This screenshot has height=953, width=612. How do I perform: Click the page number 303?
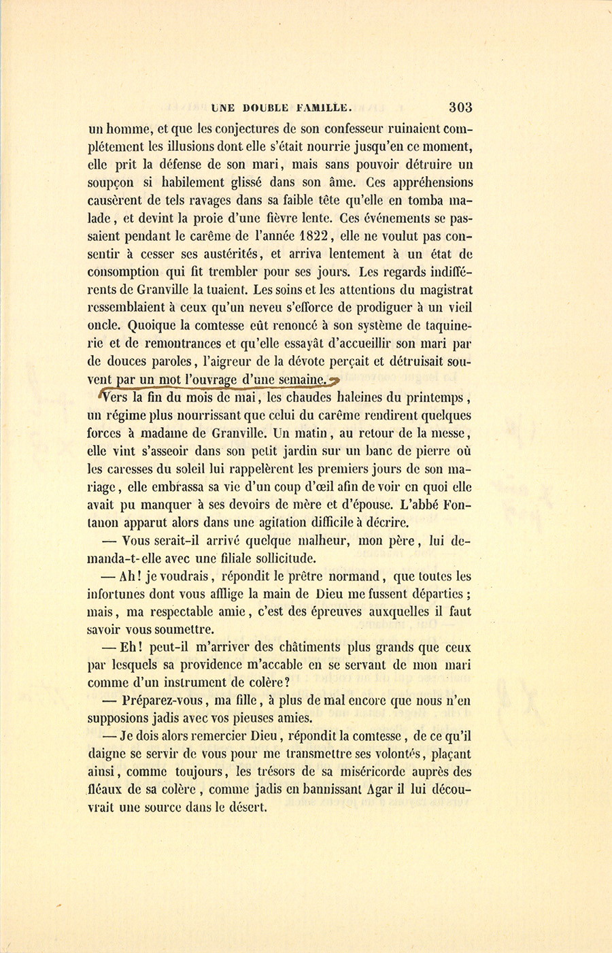click(460, 107)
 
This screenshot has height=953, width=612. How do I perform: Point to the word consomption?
click(126, 272)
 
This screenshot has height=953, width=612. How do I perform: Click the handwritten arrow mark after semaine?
click(333, 380)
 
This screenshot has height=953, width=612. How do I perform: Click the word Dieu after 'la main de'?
click(333, 594)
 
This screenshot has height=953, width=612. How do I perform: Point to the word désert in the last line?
click(245, 808)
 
